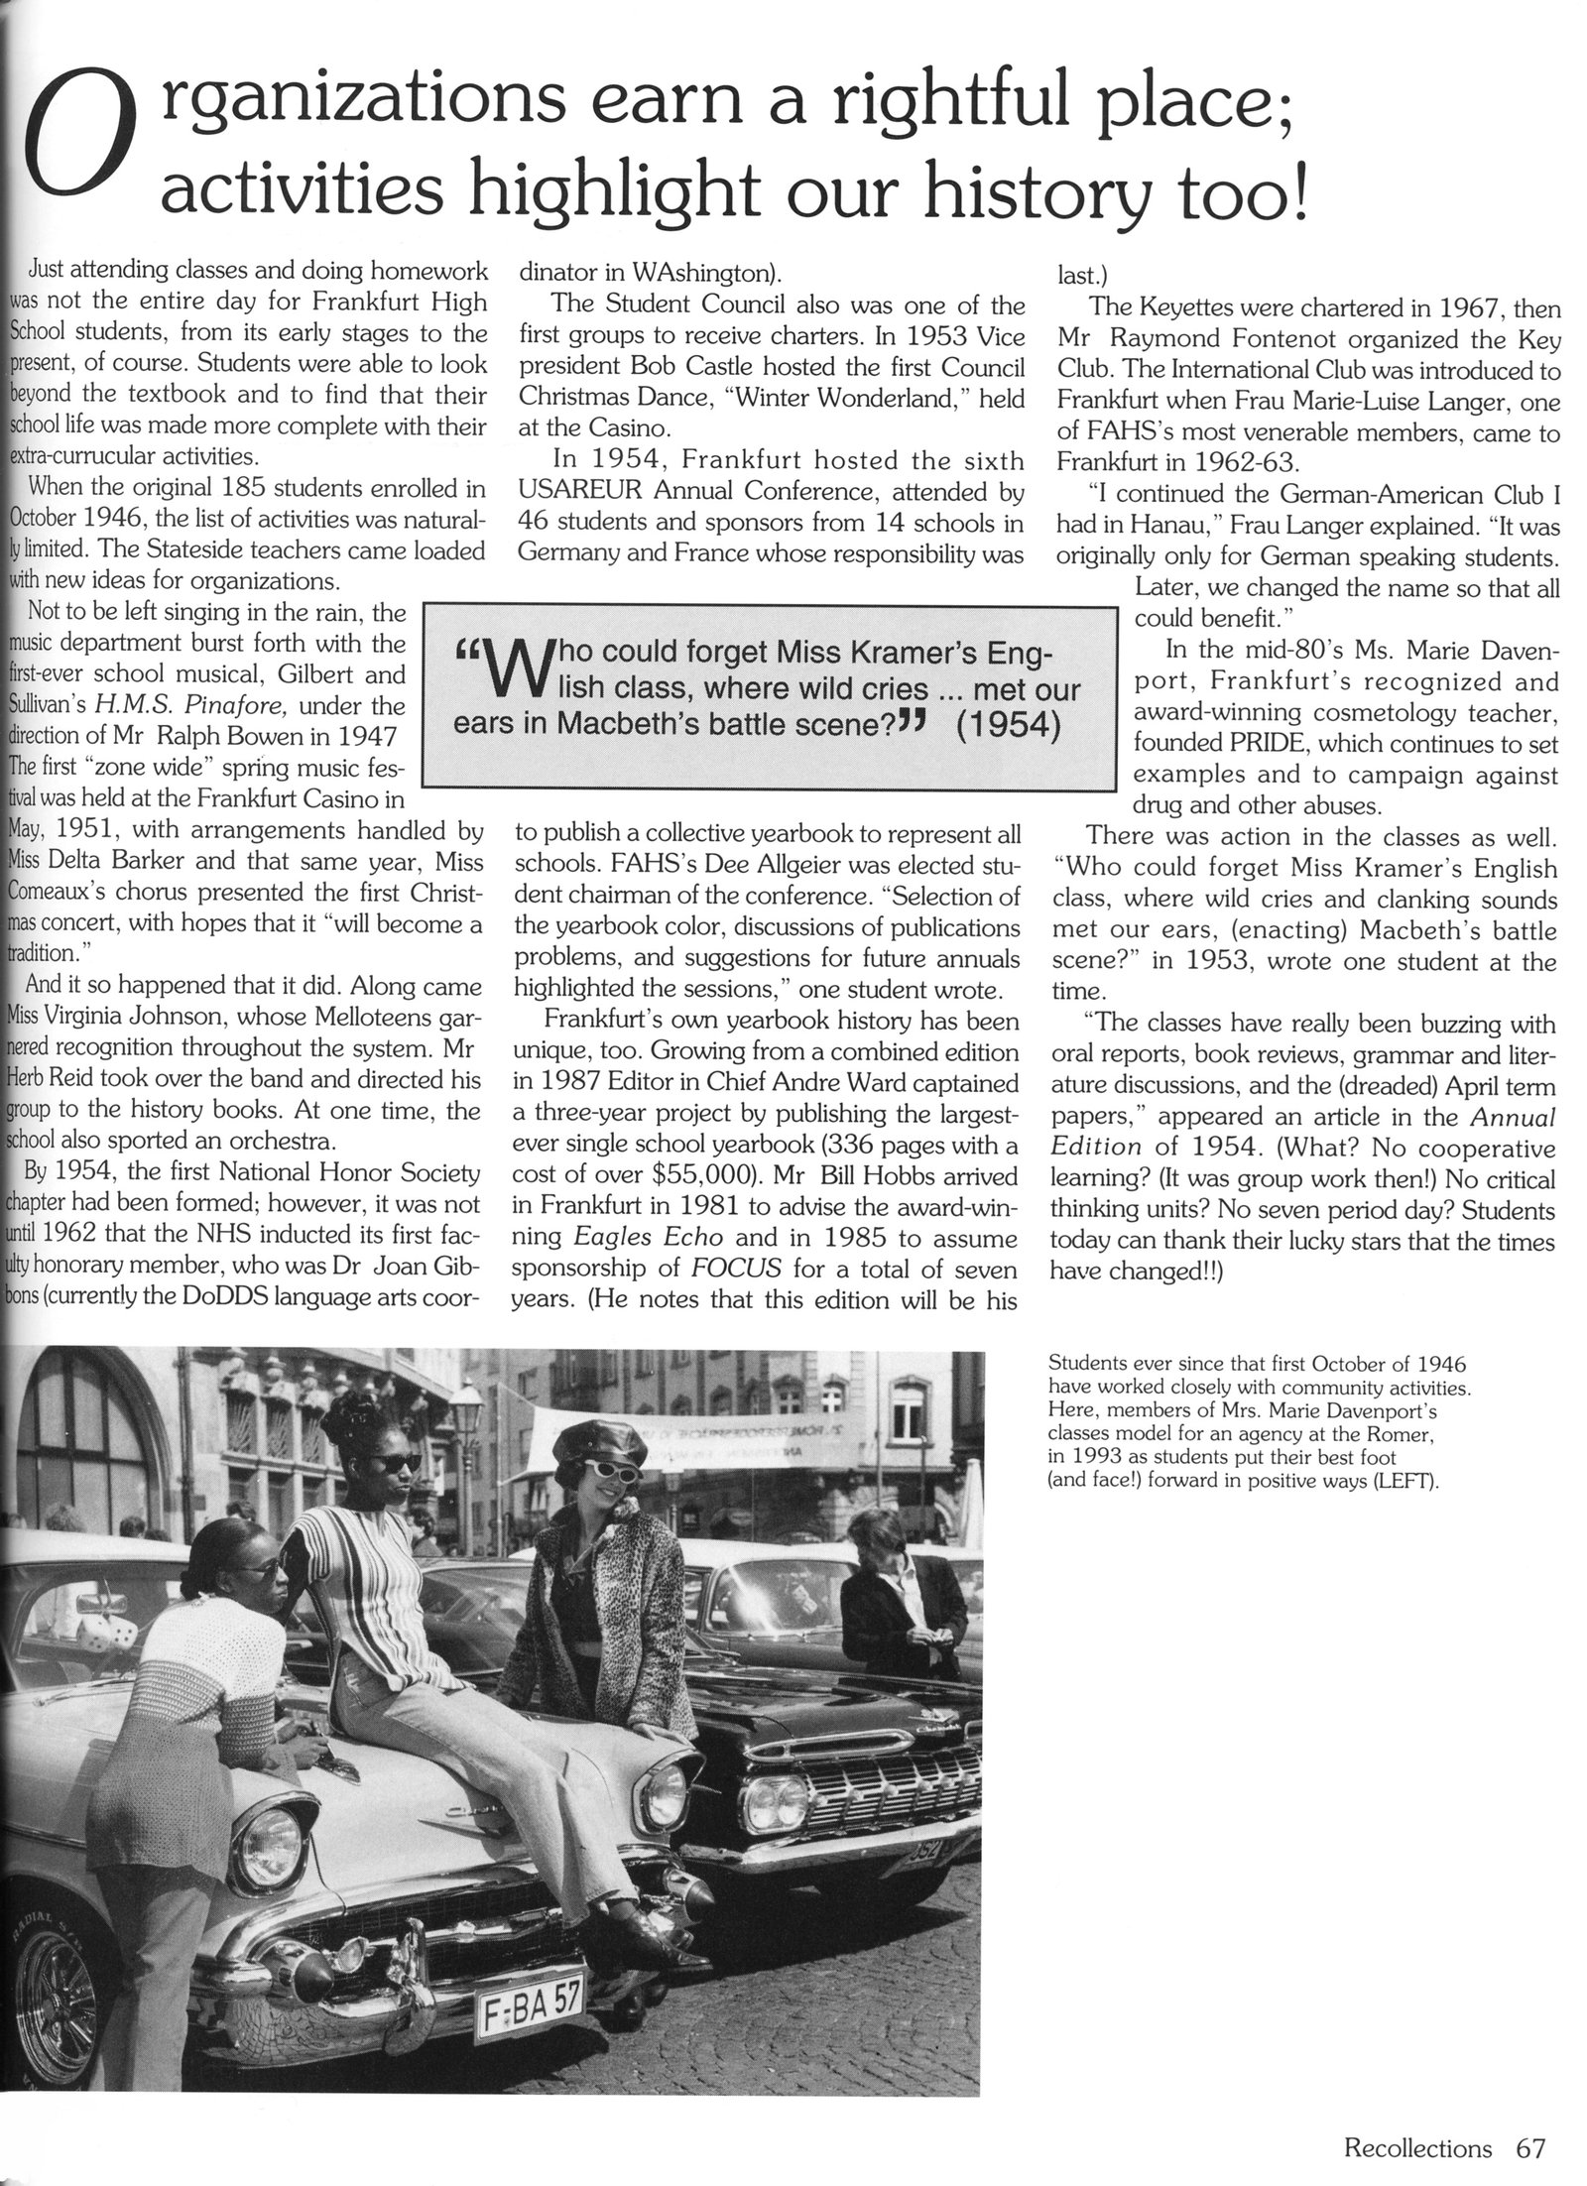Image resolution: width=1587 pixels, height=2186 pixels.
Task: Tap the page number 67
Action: (x=1531, y=2141)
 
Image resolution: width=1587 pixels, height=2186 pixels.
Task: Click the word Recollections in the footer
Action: (x=1417, y=2141)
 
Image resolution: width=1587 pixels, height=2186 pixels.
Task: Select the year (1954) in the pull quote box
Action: (x=1010, y=725)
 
